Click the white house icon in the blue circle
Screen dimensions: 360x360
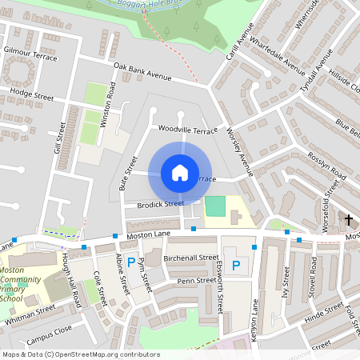click(180, 173)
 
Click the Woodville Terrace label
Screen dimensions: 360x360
click(187, 129)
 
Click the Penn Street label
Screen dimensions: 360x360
click(197, 281)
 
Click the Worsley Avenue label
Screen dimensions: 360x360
click(239, 151)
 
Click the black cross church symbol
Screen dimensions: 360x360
click(349, 218)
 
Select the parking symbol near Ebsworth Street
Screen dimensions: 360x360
click(235, 265)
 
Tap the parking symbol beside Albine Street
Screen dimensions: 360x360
click(131, 262)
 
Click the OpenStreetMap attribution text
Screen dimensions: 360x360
click(82, 354)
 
